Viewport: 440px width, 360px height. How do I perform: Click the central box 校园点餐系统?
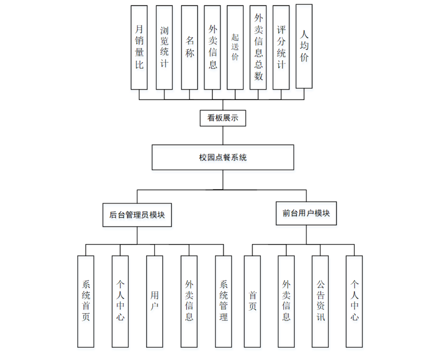click(223, 157)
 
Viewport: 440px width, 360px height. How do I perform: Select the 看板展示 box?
click(223, 118)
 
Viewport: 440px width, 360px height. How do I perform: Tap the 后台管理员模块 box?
click(137, 215)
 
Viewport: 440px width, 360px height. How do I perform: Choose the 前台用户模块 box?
click(306, 213)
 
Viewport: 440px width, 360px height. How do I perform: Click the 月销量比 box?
click(139, 47)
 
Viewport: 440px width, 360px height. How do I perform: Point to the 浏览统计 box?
click(164, 47)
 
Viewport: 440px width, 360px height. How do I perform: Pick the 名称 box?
click(190, 47)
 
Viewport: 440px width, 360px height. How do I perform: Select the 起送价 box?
click(235, 47)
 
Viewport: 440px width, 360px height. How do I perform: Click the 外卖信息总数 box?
click(258, 47)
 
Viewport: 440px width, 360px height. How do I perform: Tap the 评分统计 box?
click(281, 47)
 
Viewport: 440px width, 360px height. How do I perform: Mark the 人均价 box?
click(304, 46)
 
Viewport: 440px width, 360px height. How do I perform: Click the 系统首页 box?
click(86, 301)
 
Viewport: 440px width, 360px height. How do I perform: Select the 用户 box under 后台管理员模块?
click(154, 301)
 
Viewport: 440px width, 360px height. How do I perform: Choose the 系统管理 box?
click(223, 301)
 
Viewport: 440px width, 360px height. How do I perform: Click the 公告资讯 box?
click(320, 301)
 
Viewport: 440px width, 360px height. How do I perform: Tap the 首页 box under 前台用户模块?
click(252, 301)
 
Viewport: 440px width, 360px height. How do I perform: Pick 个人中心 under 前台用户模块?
click(354, 301)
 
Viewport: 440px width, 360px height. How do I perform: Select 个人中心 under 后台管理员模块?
click(120, 301)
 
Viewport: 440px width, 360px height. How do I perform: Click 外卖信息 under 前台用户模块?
click(286, 301)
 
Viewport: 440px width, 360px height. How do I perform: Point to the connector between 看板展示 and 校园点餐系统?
click(223, 135)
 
